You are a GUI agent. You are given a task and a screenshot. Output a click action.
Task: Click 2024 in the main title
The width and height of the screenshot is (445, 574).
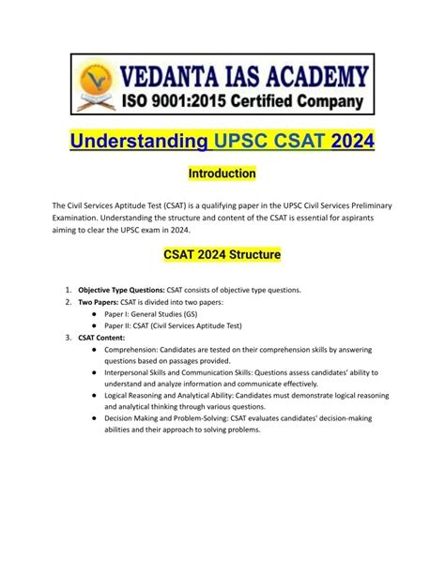[x=346, y=141]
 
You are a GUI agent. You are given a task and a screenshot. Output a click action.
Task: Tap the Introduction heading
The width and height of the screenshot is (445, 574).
[x=222, y=174]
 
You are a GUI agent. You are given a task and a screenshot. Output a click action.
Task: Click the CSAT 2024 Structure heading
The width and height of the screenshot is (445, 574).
[x=222, y=253]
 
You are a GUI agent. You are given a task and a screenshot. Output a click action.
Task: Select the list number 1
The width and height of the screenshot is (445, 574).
[x=69, y=291]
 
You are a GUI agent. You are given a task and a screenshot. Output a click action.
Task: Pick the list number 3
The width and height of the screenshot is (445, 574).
[x=69, y=336]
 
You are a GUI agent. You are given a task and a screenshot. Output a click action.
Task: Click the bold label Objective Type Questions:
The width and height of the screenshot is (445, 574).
[x=124, y=291]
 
